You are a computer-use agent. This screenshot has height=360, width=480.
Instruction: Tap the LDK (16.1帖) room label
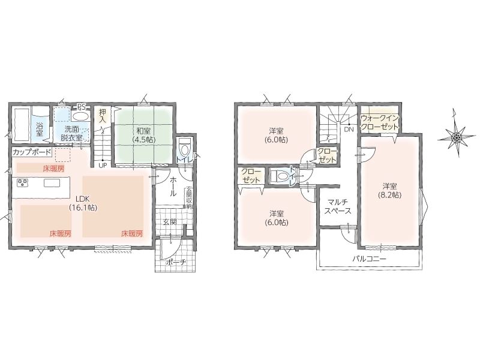(x=83, y=203)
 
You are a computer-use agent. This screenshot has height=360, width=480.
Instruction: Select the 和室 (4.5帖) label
(x=143, y=135)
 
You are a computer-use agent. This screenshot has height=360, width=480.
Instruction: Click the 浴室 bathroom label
(x=40, y=129)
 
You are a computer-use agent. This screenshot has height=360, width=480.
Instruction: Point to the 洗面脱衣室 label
(x=71, y=133)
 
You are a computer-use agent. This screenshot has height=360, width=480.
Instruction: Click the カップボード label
(x=32, y=152)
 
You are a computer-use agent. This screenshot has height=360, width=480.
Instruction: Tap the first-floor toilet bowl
(x=185, y=148)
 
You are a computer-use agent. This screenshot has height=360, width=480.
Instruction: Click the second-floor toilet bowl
(x=278, y=176)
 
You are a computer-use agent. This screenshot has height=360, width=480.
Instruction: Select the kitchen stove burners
(x=23, y=183)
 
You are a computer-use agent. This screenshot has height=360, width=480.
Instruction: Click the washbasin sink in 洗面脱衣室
(x=80, y=116)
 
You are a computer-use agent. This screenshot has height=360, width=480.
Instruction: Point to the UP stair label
(x=103, y=166)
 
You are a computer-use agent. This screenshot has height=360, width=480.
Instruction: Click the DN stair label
(x=349, y=130)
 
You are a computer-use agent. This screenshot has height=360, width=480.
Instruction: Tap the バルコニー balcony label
(x=370, y=259)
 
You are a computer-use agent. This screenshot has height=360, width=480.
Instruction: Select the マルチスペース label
(x=338, y=206)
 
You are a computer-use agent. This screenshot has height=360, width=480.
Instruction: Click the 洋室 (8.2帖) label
(x=389, y=190)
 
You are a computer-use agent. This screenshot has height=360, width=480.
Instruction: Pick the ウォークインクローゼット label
(x=380, y=122)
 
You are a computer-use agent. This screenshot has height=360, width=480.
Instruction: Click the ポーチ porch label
(x=175, y=262)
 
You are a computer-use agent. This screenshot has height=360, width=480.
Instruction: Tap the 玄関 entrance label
(x=170, y=222)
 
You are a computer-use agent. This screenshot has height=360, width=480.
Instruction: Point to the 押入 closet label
(x=102, y=116)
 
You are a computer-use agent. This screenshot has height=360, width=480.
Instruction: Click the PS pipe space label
(x=81, y=107)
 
